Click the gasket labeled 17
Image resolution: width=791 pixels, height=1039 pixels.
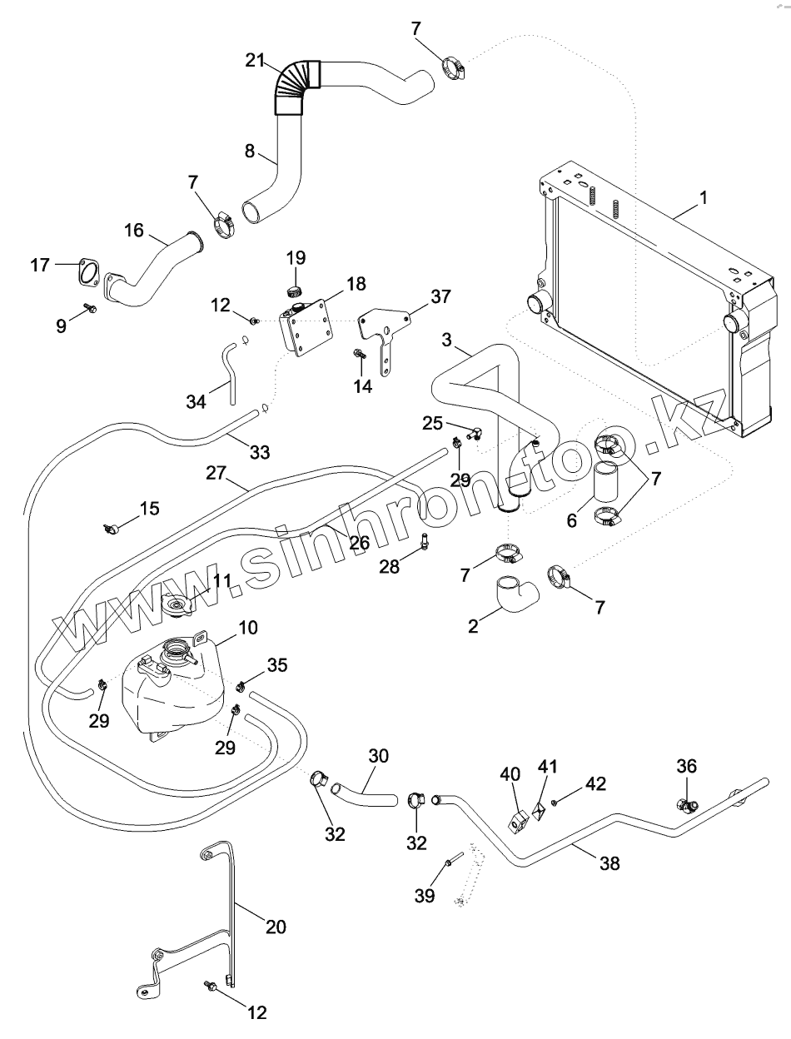[86, 272]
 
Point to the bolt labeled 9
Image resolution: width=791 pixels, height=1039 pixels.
[90, 310]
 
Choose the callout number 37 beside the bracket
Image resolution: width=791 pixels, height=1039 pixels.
[440, 297]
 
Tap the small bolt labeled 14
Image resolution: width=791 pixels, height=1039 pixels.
[360, 354]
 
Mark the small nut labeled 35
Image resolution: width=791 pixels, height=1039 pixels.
[241, 686]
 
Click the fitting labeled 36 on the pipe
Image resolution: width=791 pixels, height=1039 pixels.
[687, 805]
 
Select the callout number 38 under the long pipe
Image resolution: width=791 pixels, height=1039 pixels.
[609, 863]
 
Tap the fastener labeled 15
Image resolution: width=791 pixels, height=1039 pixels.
[109, 528]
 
